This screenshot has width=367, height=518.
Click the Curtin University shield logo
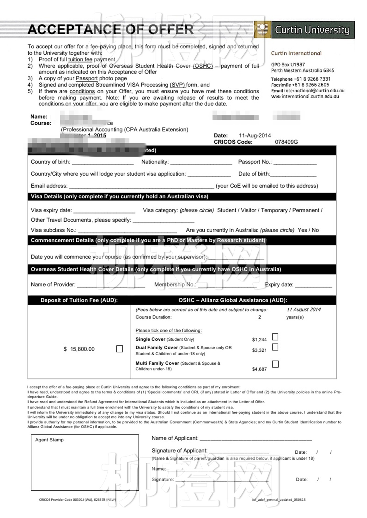[x=262, y=29]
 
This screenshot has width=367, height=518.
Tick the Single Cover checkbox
[x=275, y=337]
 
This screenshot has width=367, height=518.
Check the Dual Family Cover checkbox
[x=275, y=347]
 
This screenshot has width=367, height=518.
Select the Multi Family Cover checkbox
[x=275, y=364]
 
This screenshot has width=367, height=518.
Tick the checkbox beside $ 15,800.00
[x=120, y=349]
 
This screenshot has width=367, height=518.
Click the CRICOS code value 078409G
[x=286, y=142]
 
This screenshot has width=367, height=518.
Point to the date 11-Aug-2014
[x=255, y=136]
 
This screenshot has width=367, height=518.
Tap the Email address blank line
[x=142, y=187]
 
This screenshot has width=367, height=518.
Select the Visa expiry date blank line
[x=104, y=212]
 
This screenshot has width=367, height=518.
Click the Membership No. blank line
[x=227, y=286]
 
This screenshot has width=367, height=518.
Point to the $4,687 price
[x=259, y=369]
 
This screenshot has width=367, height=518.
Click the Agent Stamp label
[x=49, y=440]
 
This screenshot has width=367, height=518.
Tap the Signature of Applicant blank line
[x=239, y=452]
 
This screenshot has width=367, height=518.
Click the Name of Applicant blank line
[x=256, y=439]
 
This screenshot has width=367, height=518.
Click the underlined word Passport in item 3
[x=87, y=78]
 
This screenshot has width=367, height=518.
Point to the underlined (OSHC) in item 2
[x=203, y=66]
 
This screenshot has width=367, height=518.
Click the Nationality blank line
[x=201, y=163]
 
